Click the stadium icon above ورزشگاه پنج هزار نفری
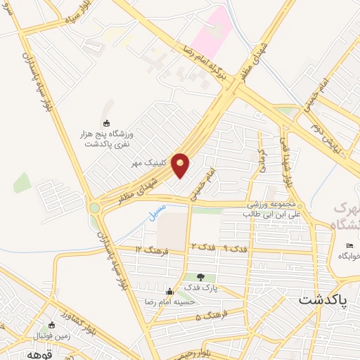click(106, 124)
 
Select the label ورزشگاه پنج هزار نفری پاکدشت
click(109, 138)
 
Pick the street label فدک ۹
click(236, 248)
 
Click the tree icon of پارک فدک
click(202, 276)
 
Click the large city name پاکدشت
click(321, 300)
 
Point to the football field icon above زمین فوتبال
click(51, 326)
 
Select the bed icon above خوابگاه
click(349, 245)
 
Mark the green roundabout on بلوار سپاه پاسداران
click(94, 207)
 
